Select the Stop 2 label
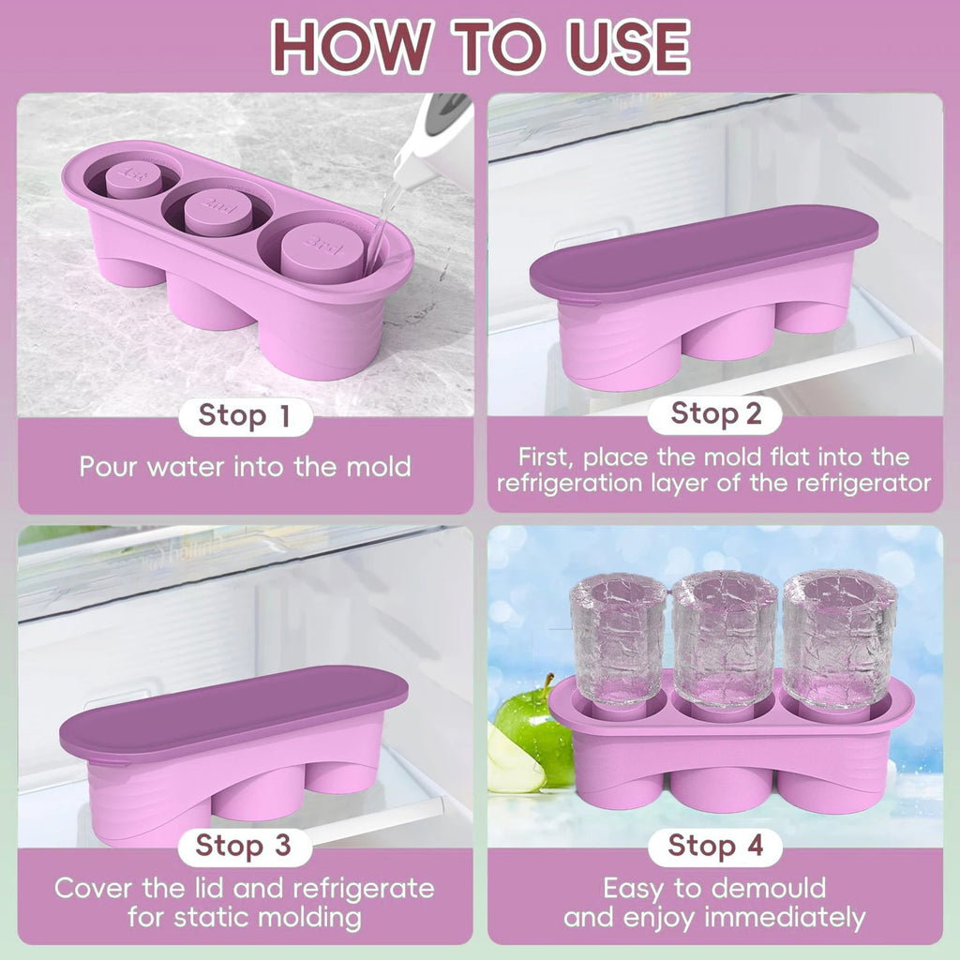(716, 413)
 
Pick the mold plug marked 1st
(133, 177)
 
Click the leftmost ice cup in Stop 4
(618, 638)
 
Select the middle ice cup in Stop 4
(724, 637)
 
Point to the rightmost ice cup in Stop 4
(838, 637)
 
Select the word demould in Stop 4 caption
(767, 888)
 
